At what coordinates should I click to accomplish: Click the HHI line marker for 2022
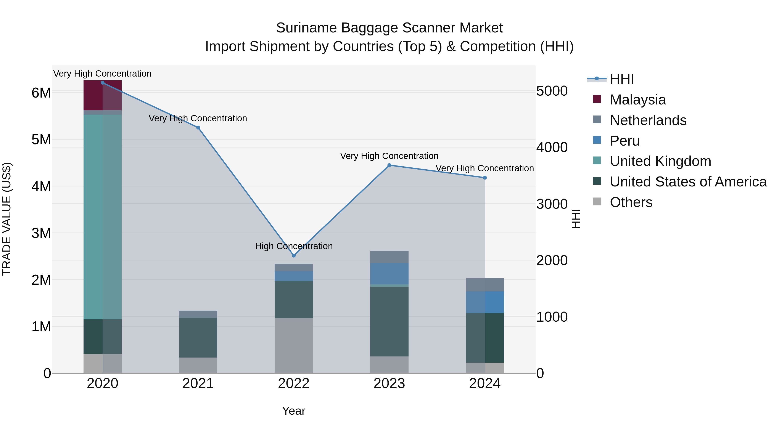[x=294, y=256]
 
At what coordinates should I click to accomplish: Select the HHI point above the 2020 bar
[x=103, y=83]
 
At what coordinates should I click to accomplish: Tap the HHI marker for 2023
[x=389, y=165]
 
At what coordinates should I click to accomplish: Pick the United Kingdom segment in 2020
[x=103, y=217]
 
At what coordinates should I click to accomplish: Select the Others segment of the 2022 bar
[x=294, y=345]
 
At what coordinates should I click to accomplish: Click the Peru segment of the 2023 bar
[x=389, y=274]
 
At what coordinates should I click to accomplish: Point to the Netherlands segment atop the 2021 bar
[x=198, y=314]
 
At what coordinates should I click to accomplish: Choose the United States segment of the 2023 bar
[x=389, y=321]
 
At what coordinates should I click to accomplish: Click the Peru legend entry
[x=624, y=141]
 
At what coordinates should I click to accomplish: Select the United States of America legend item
[x=688, y=182]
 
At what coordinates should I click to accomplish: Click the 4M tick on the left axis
[x=41, y=186]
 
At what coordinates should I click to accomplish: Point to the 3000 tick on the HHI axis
[x=552, y=204]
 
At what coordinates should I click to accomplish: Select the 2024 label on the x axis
[x=485, y=383]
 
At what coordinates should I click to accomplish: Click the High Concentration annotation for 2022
[x=294, y=246]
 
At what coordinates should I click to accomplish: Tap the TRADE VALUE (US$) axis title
[x=7, y=219]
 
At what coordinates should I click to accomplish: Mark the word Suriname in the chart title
[x=307, y=28]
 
